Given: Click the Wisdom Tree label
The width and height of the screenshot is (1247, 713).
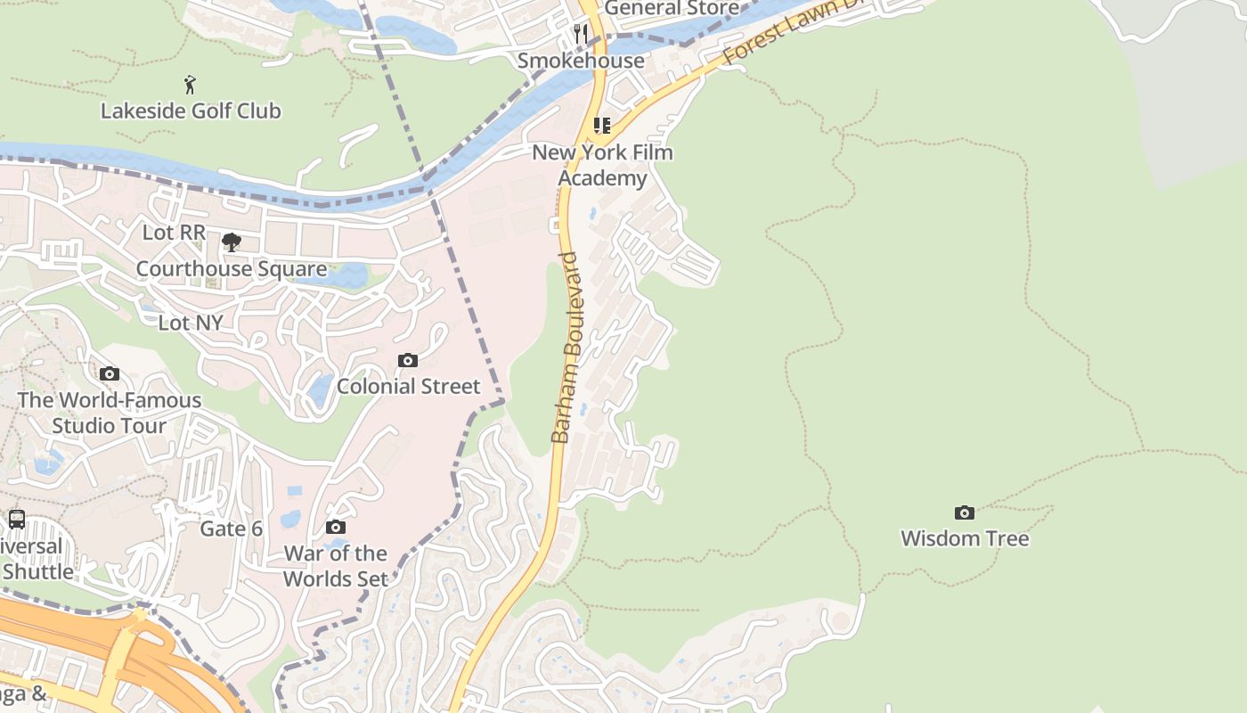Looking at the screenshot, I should (x=965, y=538).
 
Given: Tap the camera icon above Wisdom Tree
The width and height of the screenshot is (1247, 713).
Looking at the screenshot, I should (x=965, y=512).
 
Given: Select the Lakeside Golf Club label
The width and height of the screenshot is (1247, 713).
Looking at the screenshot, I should (x=191, y=111).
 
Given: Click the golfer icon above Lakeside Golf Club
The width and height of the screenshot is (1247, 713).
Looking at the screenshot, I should (x=190, y=85).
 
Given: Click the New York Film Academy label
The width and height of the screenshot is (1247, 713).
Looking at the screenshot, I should (x=603, y=165).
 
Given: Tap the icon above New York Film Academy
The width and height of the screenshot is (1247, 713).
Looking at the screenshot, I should (x=602, y=126).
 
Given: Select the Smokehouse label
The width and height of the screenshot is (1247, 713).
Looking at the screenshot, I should (x=581, y=61).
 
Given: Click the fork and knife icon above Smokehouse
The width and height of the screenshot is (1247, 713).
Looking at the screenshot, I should (x=581, y=34).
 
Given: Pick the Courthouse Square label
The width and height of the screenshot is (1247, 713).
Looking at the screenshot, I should (x=231, y=268).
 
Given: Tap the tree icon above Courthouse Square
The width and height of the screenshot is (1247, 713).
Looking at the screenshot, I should (x=232, y=242).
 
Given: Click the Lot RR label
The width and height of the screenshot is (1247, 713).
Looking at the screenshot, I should (x=174, y=232).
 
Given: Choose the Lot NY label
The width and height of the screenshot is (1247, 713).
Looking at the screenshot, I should (x=191, y=322).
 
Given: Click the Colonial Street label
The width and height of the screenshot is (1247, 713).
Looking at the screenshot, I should (x=408, y=386).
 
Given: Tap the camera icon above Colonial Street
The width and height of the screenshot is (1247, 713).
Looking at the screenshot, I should (x=408, y=360).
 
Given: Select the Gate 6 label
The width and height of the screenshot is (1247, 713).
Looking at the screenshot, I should (x=231, y=529).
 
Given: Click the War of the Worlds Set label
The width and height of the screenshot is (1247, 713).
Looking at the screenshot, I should (x=336, y=566).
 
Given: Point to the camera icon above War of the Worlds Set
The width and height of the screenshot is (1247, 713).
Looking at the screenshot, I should (x=336, y=528).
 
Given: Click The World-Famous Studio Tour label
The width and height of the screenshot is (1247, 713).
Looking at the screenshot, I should (x=109, y=413).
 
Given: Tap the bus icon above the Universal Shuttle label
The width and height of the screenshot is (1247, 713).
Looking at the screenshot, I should (x=17, y=519).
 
